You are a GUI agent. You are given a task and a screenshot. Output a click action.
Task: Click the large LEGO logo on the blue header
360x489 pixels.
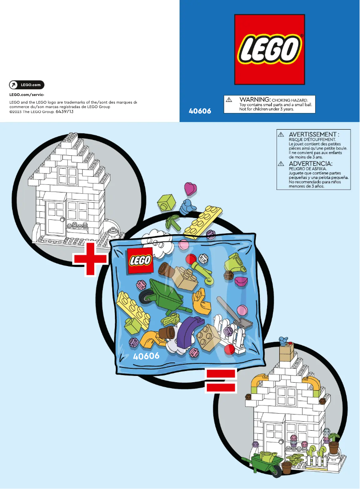tap(269, 49)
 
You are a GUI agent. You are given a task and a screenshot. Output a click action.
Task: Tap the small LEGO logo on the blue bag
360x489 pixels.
tap(141, 261)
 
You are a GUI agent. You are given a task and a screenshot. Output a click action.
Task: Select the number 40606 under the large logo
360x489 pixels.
tap(200, 111)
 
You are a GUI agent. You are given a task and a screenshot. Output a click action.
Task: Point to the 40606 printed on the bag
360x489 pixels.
tap(146, 356)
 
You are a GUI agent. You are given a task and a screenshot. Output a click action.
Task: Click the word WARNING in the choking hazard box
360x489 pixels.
tap(255, 99)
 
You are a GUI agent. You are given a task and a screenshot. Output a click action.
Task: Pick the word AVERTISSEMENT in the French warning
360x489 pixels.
tap(313, 134)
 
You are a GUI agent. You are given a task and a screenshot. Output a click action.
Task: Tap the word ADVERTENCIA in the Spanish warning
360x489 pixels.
tap(310, 164)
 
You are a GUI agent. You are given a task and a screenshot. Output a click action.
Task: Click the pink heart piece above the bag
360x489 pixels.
tap(190, 188)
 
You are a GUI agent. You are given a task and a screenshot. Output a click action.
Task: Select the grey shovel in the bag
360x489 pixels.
tap(235, 312)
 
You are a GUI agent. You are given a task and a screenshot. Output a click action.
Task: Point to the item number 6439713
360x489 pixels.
tap(64, 112)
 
